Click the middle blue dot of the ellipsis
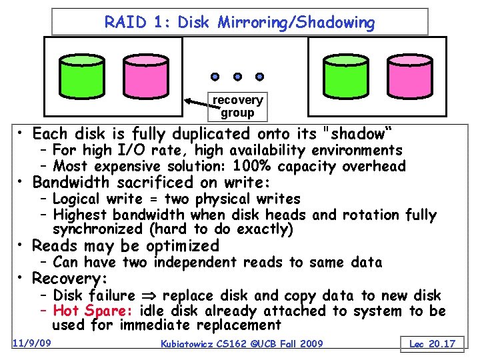(x=237, y=76)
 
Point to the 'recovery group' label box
(x=237, y=106)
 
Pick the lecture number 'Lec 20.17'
(x=432, y=343)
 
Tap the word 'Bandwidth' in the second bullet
(x=73, y=182)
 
